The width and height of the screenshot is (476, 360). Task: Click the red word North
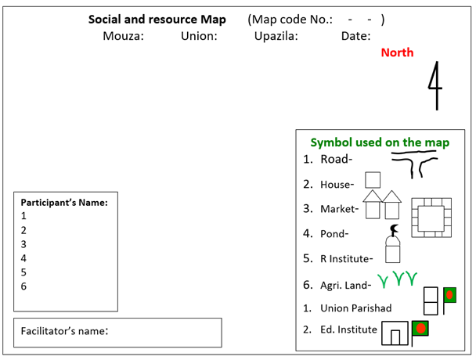[397, 52]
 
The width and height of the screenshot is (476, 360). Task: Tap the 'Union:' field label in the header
[199, 36]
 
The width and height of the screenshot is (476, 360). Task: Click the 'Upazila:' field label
[276, 36]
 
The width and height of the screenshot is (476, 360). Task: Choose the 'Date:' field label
[355, 36]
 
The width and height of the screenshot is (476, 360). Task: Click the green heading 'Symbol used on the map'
[380, 142]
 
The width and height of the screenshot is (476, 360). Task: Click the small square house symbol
[373, 180]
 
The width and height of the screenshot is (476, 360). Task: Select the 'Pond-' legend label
[335, 233]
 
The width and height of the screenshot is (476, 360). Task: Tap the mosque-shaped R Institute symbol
[392, 244]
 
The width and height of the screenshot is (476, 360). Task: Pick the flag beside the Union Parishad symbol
[449, 297]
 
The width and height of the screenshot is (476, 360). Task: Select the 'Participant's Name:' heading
[64, 202]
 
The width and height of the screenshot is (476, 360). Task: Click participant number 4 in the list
[23, 257]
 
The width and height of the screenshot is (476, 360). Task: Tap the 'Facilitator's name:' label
[64, 331]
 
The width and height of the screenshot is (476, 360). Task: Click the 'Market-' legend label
[339, 209]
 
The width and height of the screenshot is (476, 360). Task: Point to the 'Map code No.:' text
[290, 20]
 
